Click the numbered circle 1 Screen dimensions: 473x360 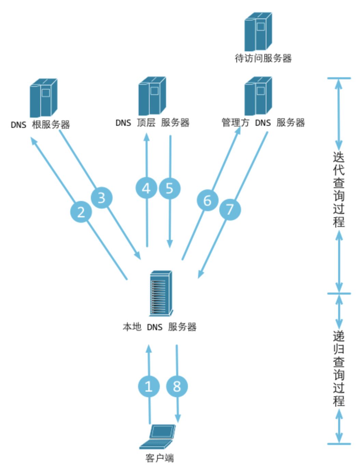click(x=149, y=386)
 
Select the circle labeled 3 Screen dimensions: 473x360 click(x=101, y=197)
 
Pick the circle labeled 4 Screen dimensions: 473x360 click(x=146, y=188)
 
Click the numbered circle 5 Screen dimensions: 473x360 click(x=169, y=188)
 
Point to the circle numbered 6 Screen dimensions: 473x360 click(x=207, y=200)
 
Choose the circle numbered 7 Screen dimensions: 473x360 click(x=230, y=209)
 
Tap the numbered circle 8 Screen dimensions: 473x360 click(x=177, y=386)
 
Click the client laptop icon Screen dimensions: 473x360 click(x=158, y=436)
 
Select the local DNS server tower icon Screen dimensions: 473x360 click(x=161, y=293)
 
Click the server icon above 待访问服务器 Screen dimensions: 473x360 click(x=258, y=31)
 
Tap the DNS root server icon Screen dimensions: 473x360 click(x=43, y=98)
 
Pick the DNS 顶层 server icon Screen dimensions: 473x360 click(x=152, y=96)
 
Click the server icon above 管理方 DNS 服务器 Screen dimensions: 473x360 click(x=258, y=96)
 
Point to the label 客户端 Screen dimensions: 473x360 click(x=160, y=458)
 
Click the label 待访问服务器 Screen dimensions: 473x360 click(x=263, y=58)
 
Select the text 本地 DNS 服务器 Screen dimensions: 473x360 click(x=160, y=327)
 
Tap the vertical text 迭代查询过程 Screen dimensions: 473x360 click(x=338, y=190)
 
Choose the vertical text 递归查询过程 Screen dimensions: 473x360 click(x=338, y=368)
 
